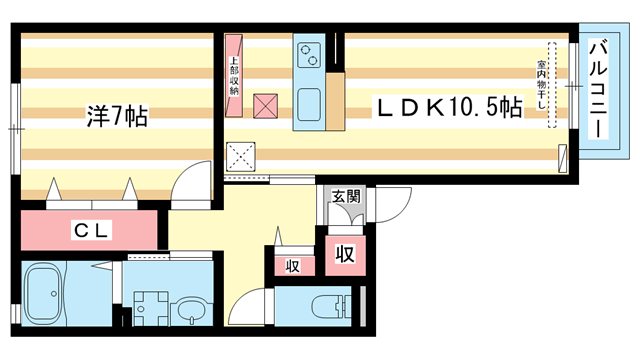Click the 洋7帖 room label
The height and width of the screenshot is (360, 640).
[117, 117]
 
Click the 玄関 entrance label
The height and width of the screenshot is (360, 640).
[345, 197]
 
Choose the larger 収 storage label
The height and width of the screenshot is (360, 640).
[344, 254]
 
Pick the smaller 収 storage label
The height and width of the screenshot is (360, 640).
[293, 266]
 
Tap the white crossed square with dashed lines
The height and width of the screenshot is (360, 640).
[242, 156]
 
